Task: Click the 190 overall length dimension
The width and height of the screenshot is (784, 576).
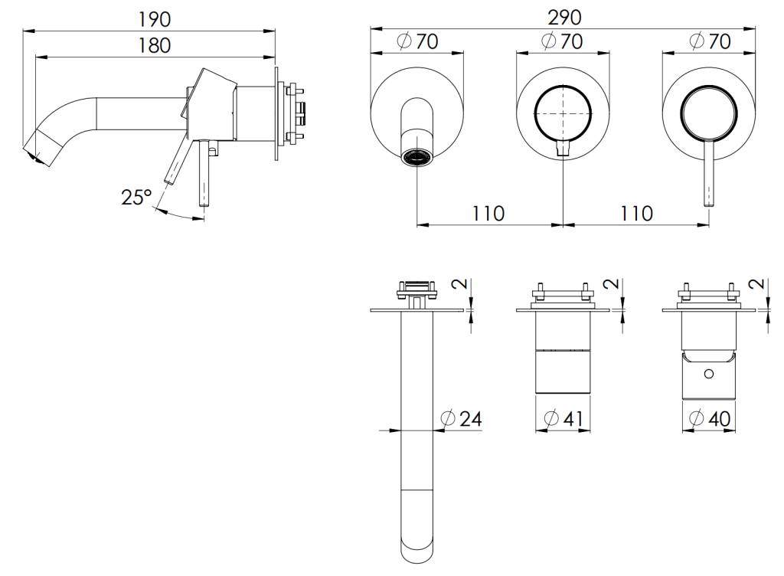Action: [155, 19]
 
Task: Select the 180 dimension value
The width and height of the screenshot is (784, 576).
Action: [155, 45]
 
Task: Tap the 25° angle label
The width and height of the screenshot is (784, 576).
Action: [136, 197]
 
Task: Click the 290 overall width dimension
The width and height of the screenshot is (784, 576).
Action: [564, 18]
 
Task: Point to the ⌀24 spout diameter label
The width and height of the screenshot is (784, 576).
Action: [462, 418]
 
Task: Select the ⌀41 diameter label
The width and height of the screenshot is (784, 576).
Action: [563, 418]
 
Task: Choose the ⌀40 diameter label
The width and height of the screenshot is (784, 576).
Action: [710, 418]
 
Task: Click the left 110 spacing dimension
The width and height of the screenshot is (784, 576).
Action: [488, 214]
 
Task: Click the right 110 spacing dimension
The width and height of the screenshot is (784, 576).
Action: [636, 214]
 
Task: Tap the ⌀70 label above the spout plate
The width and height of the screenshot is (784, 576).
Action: [417, 41]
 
